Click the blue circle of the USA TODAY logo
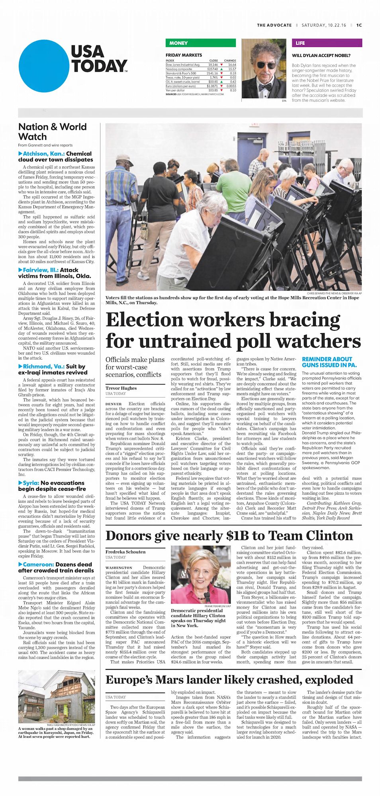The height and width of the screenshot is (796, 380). [44, 66]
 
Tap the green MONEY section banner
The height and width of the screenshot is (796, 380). [200, 43]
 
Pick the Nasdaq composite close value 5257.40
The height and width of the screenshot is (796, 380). [212, 69]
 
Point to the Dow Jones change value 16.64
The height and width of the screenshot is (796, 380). [232, 65]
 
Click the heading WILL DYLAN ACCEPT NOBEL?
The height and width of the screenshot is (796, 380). [321, 56]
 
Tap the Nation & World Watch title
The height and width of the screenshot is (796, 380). [52, 132]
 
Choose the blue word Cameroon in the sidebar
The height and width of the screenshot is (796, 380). [38, 564]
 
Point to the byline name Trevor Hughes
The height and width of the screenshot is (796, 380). [121, 388]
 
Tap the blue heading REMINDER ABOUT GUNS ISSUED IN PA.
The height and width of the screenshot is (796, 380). [329, 362]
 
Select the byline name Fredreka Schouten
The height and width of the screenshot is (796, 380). [125, 552]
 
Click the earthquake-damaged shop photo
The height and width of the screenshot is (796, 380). [57, 696]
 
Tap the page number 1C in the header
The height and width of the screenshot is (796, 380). [359, 25]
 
